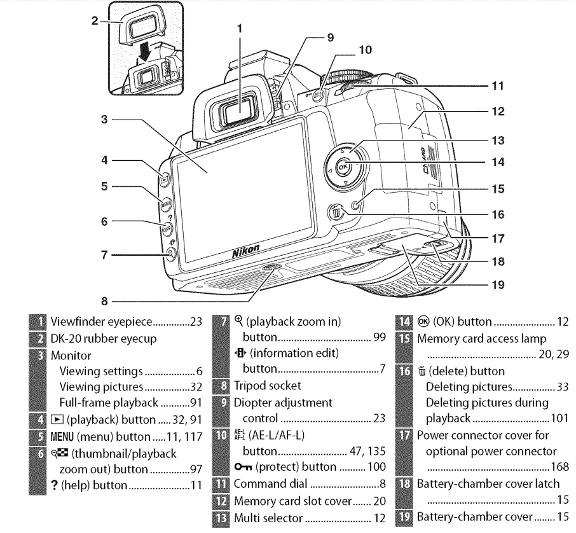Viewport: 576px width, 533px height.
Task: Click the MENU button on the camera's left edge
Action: tap(165, 205)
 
